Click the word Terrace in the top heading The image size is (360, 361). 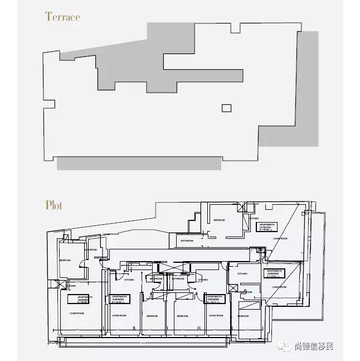point(62,16)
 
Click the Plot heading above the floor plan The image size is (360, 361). point(54,205)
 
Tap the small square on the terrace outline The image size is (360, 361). point(226,108)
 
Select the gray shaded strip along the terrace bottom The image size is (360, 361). point(139,163)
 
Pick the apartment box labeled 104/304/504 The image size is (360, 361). point(120,299)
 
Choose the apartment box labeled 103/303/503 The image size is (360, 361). point(214,299)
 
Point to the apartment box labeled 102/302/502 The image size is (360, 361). point(275,273)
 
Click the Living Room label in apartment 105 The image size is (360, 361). point(76,314)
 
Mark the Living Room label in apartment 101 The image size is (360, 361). point(280,238)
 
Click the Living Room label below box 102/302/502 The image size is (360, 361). point(279,287)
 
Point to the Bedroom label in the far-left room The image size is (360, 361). point(65,261)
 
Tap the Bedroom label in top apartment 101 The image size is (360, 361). point(219,220)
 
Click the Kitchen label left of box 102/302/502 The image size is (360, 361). point(242,274)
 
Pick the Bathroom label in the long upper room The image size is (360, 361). point(187,240)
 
